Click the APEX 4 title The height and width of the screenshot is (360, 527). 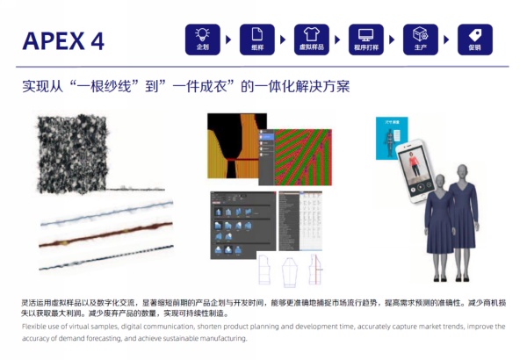(x=63, y=40)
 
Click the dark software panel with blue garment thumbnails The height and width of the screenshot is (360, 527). (x=242, y=221)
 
